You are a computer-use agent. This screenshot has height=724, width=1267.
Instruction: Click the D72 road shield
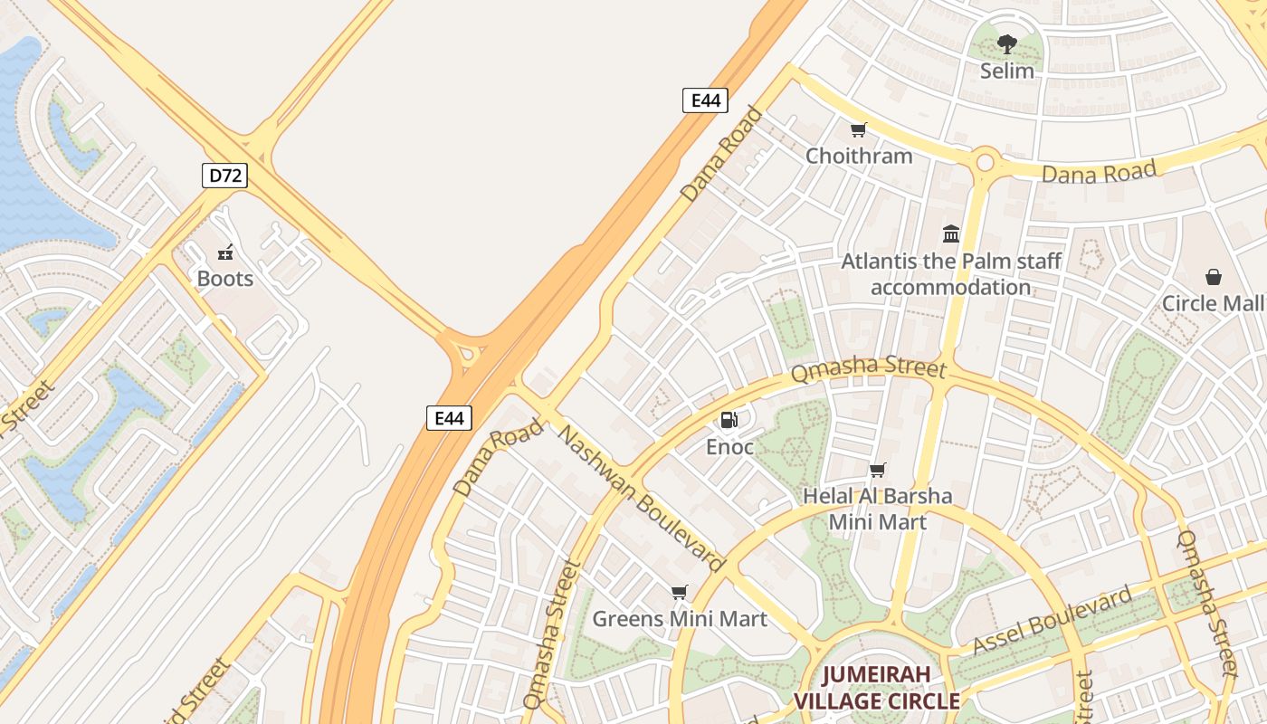224,176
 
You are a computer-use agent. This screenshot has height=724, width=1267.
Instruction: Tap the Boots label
225,279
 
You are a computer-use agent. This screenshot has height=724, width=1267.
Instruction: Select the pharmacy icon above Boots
225,252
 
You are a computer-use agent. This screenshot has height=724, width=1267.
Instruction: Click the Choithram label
859,156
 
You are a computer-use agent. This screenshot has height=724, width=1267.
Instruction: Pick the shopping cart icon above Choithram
859,130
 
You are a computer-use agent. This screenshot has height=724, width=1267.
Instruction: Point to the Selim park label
1006,71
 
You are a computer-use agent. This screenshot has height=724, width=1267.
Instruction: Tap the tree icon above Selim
1006,44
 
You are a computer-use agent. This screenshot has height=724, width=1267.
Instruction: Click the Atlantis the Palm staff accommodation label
951,274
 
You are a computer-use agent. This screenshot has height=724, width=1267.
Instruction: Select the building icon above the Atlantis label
951,234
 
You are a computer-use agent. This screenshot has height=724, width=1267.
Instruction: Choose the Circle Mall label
1213,303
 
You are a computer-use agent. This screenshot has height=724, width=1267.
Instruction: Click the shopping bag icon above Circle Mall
1213,277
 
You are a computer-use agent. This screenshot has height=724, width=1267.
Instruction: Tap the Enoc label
729,447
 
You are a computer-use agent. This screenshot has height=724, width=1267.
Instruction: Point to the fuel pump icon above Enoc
729,420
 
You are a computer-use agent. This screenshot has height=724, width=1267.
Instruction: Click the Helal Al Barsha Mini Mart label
877,509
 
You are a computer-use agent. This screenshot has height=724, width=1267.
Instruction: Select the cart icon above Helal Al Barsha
877,470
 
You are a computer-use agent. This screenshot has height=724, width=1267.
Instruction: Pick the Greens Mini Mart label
679,619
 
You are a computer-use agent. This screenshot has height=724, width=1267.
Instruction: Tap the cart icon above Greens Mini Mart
679,593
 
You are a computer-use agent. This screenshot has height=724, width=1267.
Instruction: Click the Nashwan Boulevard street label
642,500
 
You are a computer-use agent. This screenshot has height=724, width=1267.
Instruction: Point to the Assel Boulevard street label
1053,621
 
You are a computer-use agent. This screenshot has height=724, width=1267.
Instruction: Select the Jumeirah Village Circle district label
876,688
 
